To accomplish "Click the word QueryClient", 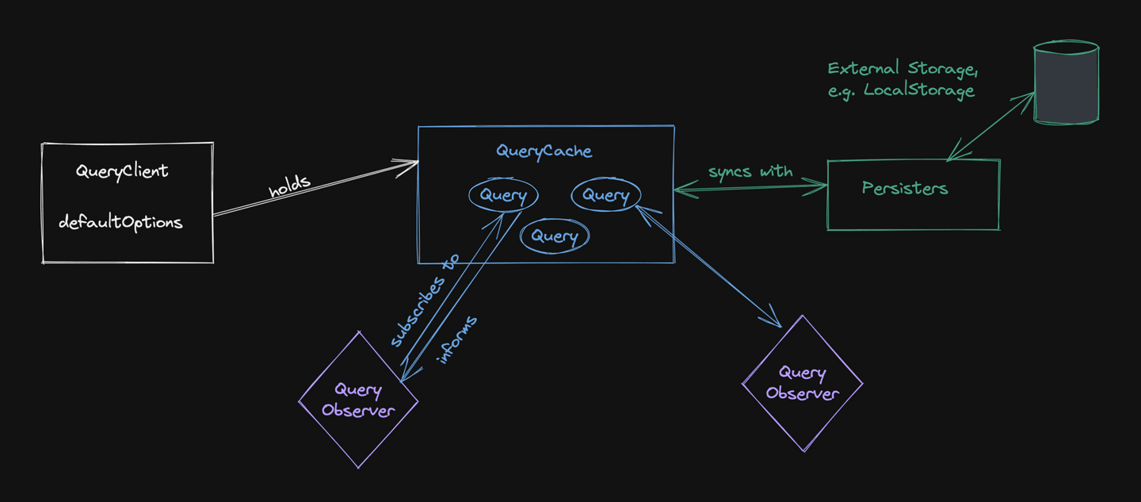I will point(122,171).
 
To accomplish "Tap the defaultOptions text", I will point(120,222).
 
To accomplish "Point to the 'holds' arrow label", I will point(288,187).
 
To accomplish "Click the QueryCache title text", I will point(544,151).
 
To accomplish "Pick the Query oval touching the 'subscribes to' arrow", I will point(502,196).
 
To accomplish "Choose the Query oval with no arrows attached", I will point(555,236).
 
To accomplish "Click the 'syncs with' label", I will point(750,171).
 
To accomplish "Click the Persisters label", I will point(905,189).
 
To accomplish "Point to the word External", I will point(861,68).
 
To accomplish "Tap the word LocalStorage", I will point(919,90).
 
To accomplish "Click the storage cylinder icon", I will point(1066,82).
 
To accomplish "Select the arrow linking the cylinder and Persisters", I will point(990,127).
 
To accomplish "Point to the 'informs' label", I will point(458,339).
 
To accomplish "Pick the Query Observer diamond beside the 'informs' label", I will point(358,400).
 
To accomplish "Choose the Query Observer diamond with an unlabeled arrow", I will point(802,383).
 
